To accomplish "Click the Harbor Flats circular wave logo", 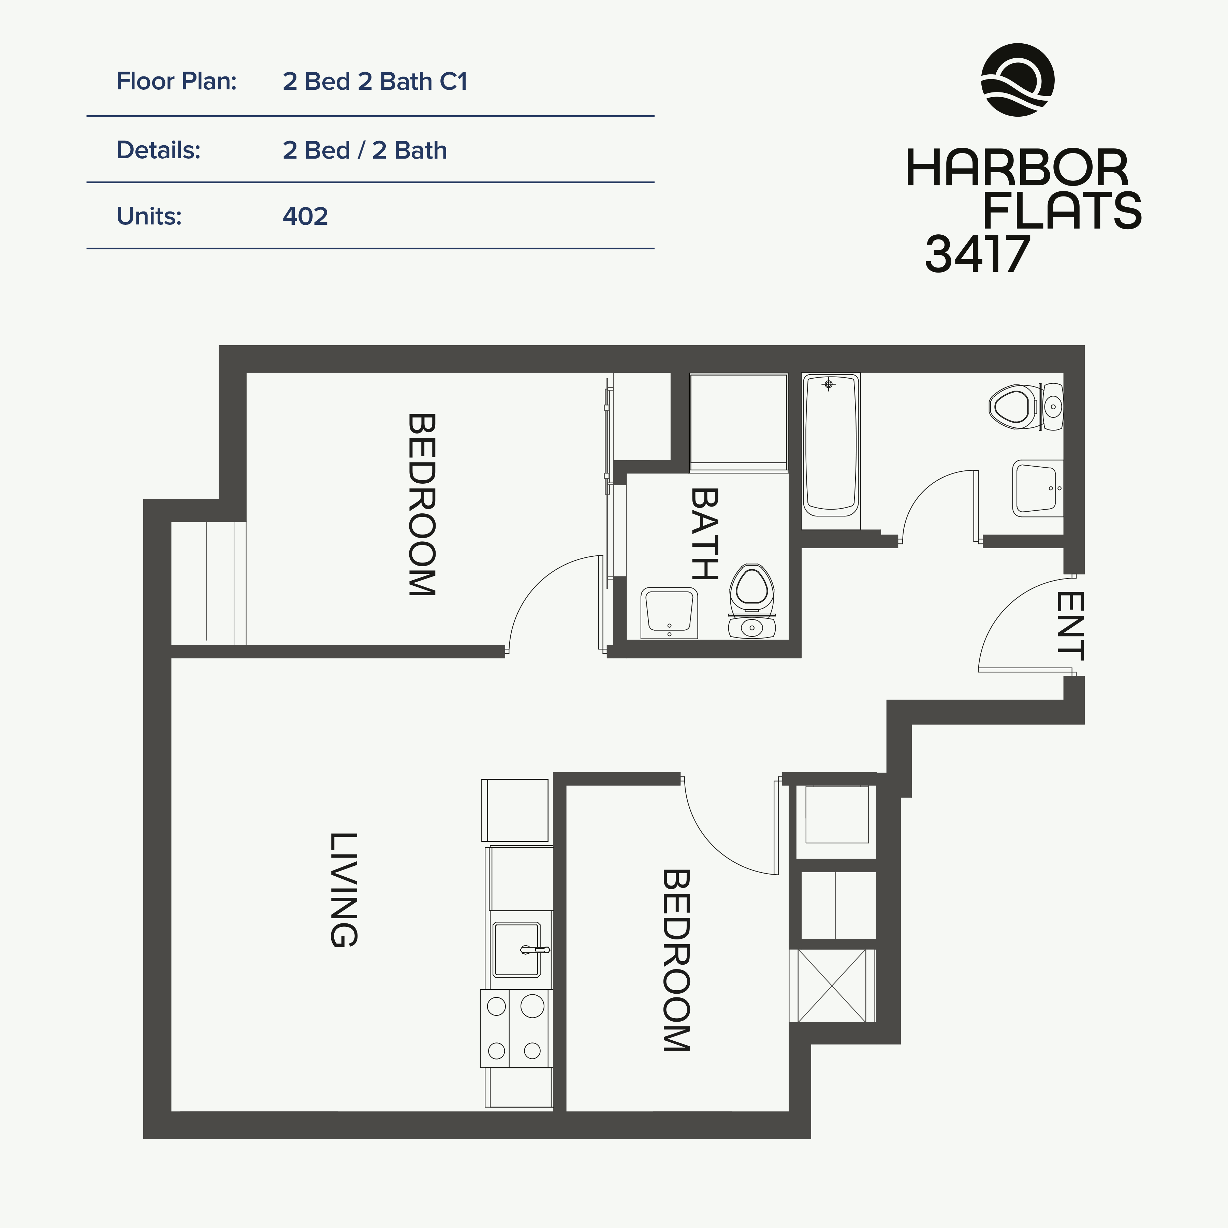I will (1018, 80).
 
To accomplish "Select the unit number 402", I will (305, 217).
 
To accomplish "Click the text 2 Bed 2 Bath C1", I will (375, 82).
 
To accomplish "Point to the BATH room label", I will (704, 534).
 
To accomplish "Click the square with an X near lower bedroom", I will (832, 985).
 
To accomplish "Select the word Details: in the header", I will (158, 151).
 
